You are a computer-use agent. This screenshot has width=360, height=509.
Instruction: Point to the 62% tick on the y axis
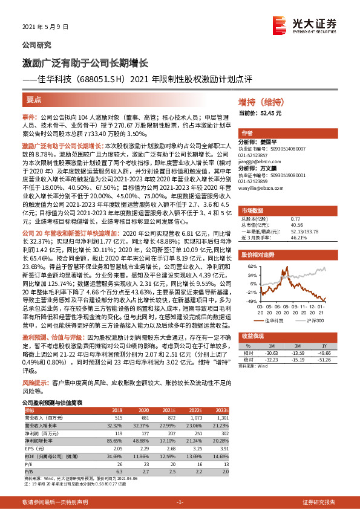(x=250, y=265)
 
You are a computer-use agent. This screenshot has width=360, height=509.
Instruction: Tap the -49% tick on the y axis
(x=250, y=300)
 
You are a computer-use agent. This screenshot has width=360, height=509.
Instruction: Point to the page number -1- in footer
(x=180, y=502)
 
